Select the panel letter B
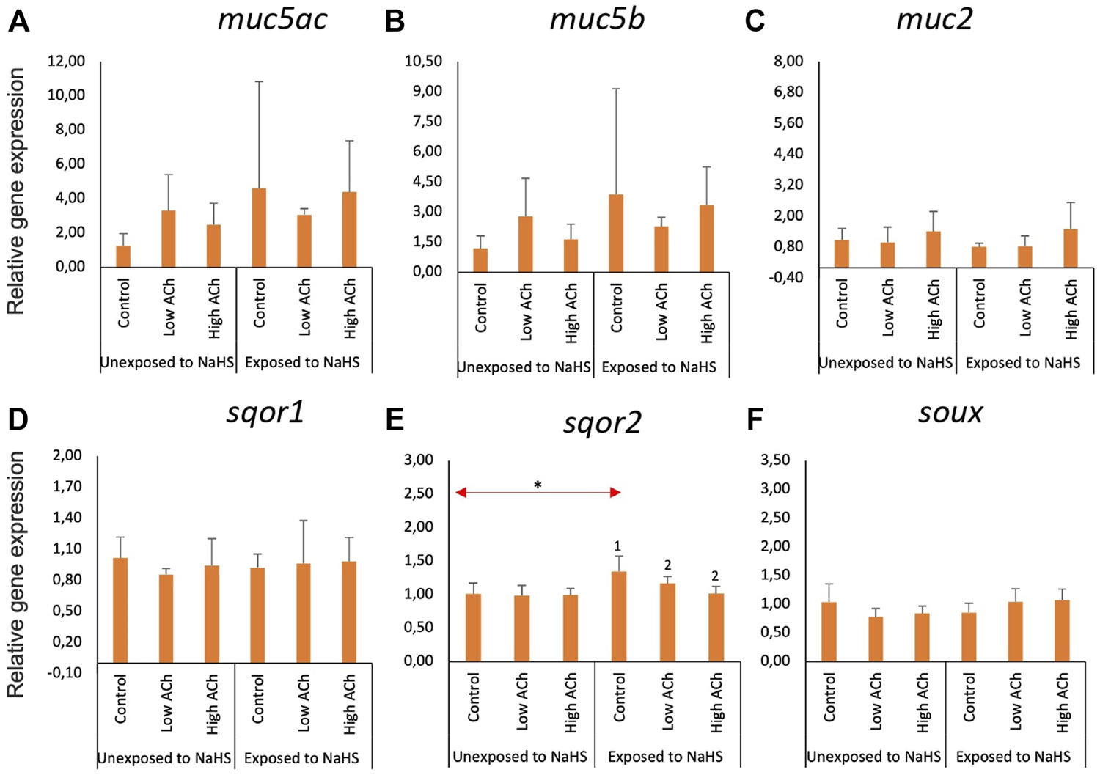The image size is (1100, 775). point(395,21)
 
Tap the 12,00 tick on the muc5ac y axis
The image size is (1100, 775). point(66,61)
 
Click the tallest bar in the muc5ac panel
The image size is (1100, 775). point(259,227)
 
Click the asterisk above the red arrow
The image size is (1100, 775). point(538,485)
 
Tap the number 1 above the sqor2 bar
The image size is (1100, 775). point(617,546)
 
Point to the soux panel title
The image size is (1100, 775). point(950,413)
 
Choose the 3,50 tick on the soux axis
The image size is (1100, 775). point(776,460)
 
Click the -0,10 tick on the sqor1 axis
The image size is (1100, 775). point(65,672)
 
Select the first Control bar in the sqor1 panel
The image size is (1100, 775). point(120,610)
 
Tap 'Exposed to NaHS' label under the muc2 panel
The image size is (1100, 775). point(1022,363)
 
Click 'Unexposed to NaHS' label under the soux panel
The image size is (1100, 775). point(873,757)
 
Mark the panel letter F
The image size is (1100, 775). point(755,420)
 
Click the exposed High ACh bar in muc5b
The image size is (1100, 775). point(706,238)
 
